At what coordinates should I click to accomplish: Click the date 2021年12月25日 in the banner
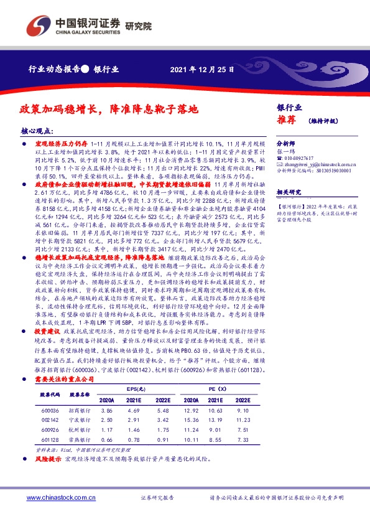point(201,70)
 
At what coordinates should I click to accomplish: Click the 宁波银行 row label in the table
point(79,421)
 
